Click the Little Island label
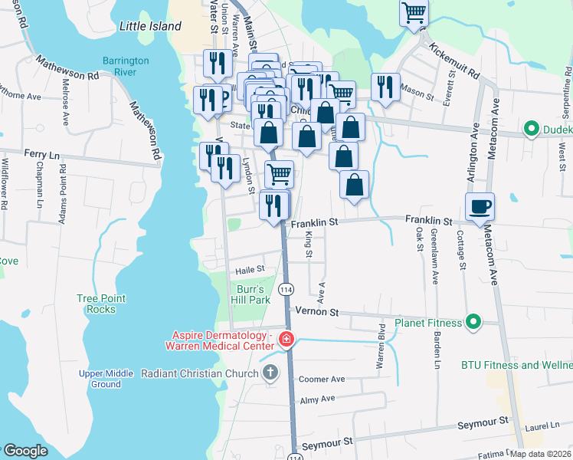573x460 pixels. (150, 26)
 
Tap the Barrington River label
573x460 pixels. (120, 67)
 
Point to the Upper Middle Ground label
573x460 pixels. (100, 379)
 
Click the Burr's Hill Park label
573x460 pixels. (251, 294)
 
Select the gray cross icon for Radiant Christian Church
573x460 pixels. (270, 373)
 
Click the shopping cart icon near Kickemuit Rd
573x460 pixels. (414, 13)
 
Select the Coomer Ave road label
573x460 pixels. (322, 379)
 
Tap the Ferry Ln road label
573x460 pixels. (41, 154)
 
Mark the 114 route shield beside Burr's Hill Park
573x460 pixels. (285, 290)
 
